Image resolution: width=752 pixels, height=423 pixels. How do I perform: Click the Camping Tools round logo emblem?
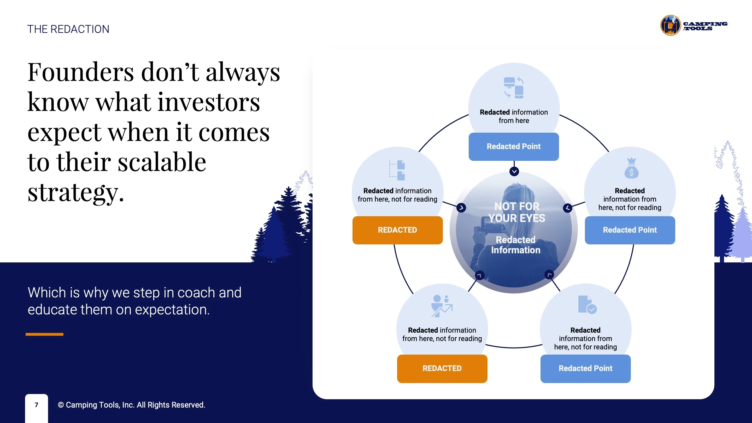671,25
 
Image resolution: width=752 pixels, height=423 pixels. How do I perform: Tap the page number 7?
37,405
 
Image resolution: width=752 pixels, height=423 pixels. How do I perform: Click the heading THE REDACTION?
68,29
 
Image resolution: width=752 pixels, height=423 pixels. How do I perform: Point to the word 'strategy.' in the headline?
76,193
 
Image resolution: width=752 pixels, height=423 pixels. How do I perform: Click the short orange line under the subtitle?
44,334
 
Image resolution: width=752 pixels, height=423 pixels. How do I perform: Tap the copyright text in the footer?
131,405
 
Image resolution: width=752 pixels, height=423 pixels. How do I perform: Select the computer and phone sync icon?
514,87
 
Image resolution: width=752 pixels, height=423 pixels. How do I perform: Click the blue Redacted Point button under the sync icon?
514,146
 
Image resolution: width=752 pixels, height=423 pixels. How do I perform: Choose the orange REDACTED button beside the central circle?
397,230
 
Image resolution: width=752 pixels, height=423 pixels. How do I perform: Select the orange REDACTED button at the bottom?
442,368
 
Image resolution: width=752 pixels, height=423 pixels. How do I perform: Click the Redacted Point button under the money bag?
630,230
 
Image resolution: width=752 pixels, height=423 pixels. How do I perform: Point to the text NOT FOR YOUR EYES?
517,212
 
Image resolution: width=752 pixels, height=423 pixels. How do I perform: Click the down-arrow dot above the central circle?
514,171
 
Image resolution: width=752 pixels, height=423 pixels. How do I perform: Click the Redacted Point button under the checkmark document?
585,368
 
